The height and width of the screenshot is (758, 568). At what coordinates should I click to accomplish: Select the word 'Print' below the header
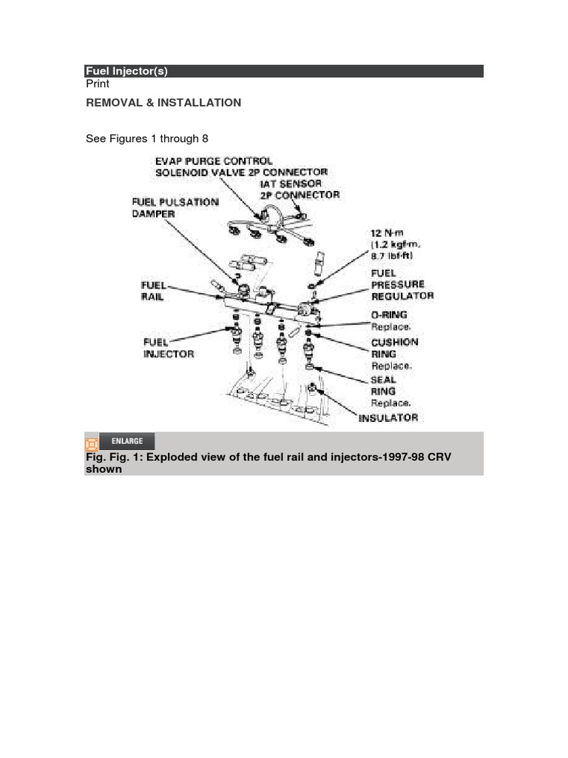(98, 84)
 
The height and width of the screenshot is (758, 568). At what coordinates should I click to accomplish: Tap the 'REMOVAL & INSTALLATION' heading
(163, 103)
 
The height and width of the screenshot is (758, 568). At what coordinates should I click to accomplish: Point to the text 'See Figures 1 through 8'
(148, 138)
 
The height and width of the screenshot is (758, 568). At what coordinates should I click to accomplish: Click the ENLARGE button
(126, 441)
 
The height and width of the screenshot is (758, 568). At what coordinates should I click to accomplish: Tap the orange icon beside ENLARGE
(92, 443)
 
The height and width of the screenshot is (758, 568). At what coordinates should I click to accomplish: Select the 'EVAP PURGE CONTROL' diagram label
(214, 161)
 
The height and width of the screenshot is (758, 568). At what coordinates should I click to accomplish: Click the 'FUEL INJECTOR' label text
(169, 348)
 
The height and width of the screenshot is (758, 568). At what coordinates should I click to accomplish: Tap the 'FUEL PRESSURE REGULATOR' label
(402, 284)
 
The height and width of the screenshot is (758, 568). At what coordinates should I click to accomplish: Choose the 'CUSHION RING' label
(394, 348)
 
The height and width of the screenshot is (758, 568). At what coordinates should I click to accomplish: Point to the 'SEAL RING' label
(383, 386)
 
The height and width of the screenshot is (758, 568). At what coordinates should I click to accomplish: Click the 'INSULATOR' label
(388, 418)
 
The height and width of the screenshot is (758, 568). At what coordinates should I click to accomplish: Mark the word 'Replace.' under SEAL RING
(391, 403)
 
